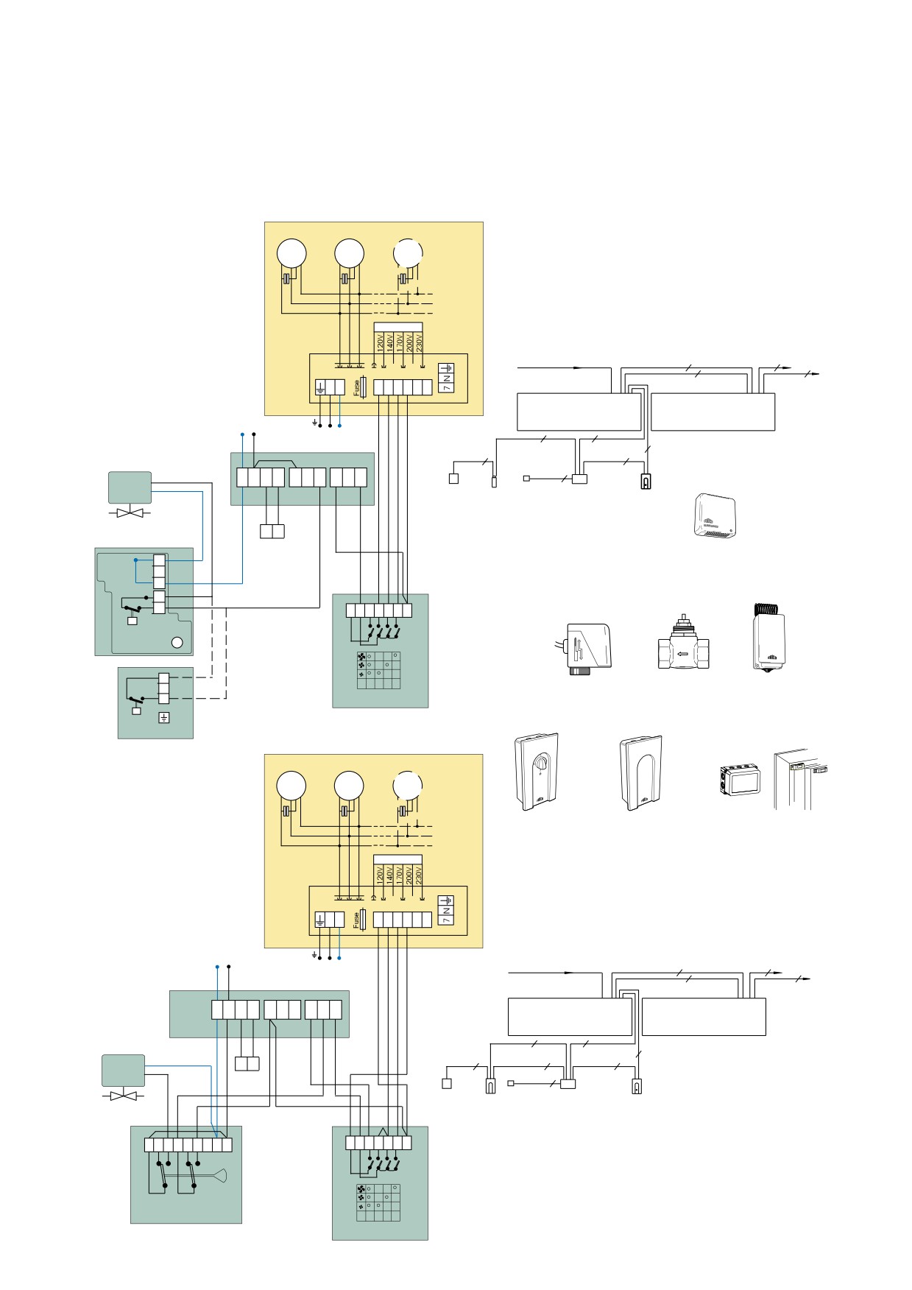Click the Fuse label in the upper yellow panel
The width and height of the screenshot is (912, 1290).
coord(357,388)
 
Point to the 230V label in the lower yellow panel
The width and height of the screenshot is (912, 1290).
coord(419,875)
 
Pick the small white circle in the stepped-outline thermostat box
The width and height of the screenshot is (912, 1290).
coord(177,642)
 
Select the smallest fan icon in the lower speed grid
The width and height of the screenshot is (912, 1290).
coord(361,1206)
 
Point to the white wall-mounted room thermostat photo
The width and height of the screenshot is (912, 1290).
coord(713,518)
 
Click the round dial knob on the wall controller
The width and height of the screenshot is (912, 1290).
coord(540,766)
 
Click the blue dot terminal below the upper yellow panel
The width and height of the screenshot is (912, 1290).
coord(339,426)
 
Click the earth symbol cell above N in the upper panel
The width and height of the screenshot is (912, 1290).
coord(446,368)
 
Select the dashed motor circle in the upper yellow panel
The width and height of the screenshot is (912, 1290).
coord(408,253)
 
